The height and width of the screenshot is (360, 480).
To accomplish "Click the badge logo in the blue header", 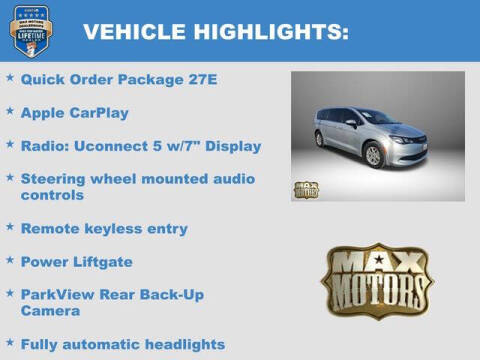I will (x=31, y=31).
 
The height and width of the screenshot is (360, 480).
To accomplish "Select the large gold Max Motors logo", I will (x=377, y=280).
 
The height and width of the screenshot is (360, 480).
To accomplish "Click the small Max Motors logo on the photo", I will (x=306, y=188).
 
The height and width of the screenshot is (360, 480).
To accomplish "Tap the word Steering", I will (x=52, y=179).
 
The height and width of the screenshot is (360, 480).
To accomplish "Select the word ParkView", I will (x=56, y=295).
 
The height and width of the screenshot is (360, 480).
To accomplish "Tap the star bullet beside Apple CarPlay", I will (x=10, y=111).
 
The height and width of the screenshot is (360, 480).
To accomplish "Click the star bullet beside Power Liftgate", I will (x=10, y=260).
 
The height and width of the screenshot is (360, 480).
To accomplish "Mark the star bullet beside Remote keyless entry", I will (x=10, y=227).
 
